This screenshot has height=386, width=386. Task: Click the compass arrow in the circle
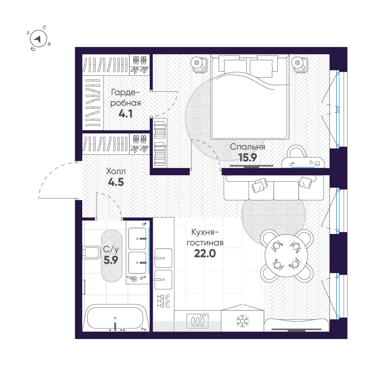point(38,39)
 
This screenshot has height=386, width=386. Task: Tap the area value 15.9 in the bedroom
point(247,157)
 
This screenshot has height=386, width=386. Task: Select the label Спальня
point(247,147)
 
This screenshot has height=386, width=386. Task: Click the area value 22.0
point(205,253)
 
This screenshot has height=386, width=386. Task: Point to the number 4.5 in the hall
point(116,182)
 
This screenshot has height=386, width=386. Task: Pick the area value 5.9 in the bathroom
point(111,260)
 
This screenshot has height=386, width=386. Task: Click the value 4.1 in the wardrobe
point(125,114)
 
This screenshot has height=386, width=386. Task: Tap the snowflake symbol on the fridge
point(242,321)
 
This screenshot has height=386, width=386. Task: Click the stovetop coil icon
point(197,321)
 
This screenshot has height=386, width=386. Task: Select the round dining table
point(286,255)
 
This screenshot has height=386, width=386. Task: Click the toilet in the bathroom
point(91,252)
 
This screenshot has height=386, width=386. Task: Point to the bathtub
point(115,318)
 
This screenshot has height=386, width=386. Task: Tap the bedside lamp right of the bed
point(300,65)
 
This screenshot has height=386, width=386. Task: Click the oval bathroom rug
point(112,256)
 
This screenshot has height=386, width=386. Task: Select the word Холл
point(116,171)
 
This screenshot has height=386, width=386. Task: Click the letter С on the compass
point(44,28)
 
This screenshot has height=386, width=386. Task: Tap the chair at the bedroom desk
point(296,151)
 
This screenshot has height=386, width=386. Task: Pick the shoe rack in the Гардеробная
point(140,64)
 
